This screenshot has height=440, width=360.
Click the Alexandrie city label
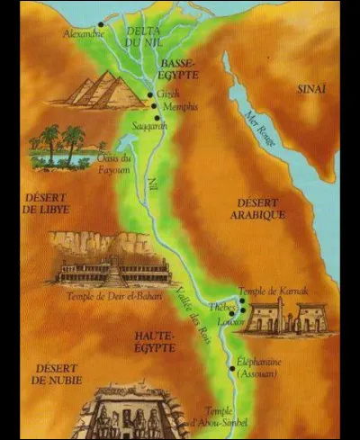[84, 33]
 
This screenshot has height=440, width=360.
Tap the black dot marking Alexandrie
[100, 24]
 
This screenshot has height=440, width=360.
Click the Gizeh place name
[167, 93]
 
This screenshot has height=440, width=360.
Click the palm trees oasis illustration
[59, 146]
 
